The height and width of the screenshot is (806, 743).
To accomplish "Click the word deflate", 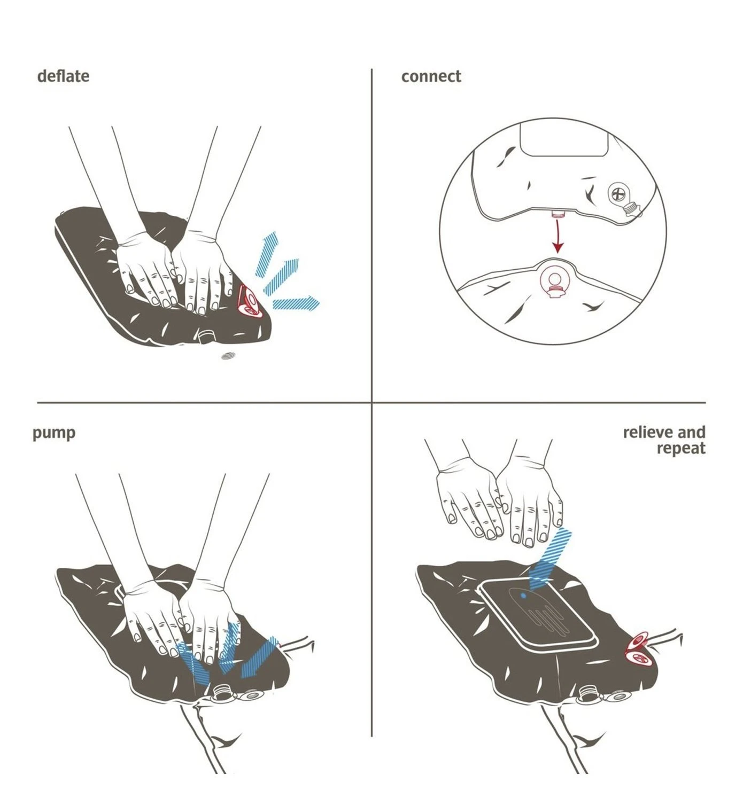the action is point(63,76).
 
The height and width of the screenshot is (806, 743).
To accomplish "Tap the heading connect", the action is point(431,76).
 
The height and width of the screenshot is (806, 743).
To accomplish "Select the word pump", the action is point(54,434).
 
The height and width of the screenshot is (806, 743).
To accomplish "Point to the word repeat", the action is point(681,449).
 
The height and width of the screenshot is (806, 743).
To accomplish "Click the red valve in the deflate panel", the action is point(250,301).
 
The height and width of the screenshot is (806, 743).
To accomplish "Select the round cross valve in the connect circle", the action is point(618,194).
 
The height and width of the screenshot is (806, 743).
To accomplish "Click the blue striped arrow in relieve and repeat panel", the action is point(549,559).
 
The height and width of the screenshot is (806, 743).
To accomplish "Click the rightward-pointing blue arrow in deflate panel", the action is point(296,303).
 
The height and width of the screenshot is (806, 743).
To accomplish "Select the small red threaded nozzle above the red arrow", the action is point(558,213).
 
